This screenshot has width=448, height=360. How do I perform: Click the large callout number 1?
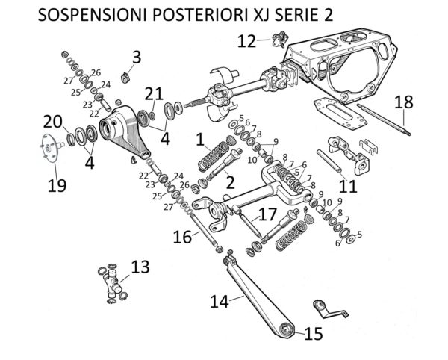(x=199, y=138)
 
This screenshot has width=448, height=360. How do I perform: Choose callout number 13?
(x=140, y=267)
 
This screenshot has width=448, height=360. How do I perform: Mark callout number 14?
(x=218, y=302)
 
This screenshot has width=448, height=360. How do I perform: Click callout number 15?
(x=314, y=333)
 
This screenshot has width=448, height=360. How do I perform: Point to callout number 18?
(x=402, y=102)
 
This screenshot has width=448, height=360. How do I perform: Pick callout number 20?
(x=52, y=121)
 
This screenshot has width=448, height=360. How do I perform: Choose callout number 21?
(x=154, y=93)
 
